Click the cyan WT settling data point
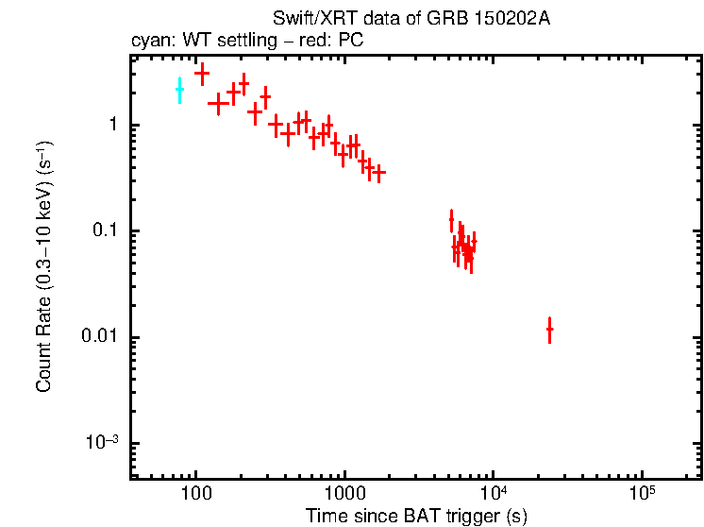(179, 90)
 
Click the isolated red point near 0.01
(549, 330)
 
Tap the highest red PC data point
(201, 73)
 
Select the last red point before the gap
(379, 172)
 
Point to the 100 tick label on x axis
(195, 494)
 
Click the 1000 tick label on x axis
(344, 494)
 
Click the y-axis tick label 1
(112, 126)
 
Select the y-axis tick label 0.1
(106, 231)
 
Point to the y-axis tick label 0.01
(102, 338)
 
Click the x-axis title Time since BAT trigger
(415, 516)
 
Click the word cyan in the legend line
(149, 42)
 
